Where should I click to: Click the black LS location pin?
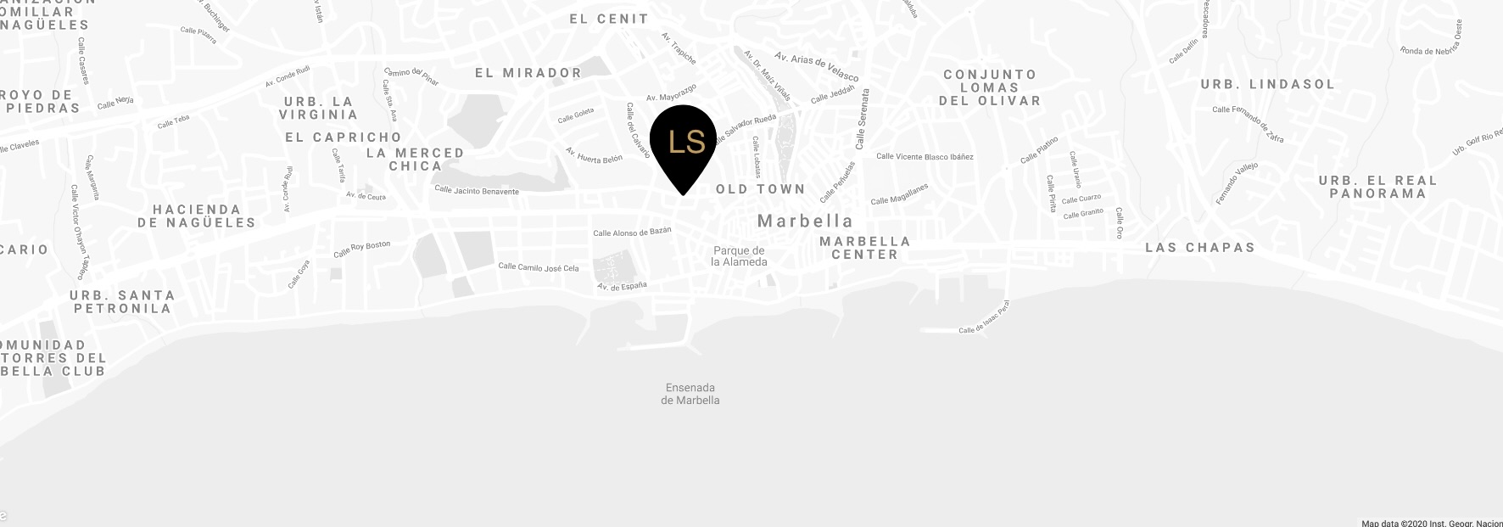coord(683,143)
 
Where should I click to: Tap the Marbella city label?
coord(804,221)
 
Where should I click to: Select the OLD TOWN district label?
coord(760,189)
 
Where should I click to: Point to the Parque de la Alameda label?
coord(739,256)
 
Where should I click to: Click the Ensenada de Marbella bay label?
coord(690,394)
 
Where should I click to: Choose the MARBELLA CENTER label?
coord(864,248)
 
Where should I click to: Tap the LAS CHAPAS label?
coord(1199,248)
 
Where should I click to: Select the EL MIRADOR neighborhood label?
coord(528,73)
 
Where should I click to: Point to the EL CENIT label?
coord(609,19)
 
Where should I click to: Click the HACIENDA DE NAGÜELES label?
coord(197,216)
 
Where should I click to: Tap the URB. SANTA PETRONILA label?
coord(123,301)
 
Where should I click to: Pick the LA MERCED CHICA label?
coord(415,160)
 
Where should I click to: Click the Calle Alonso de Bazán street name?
coord(632,233)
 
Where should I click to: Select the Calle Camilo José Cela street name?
coord(539,267)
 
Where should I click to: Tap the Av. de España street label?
coord(622,287)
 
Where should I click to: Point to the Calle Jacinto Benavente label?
coord(476,191)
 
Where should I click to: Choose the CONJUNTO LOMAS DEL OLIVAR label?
coord(989,87)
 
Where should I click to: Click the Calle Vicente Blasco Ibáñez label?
coord(925,157)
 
